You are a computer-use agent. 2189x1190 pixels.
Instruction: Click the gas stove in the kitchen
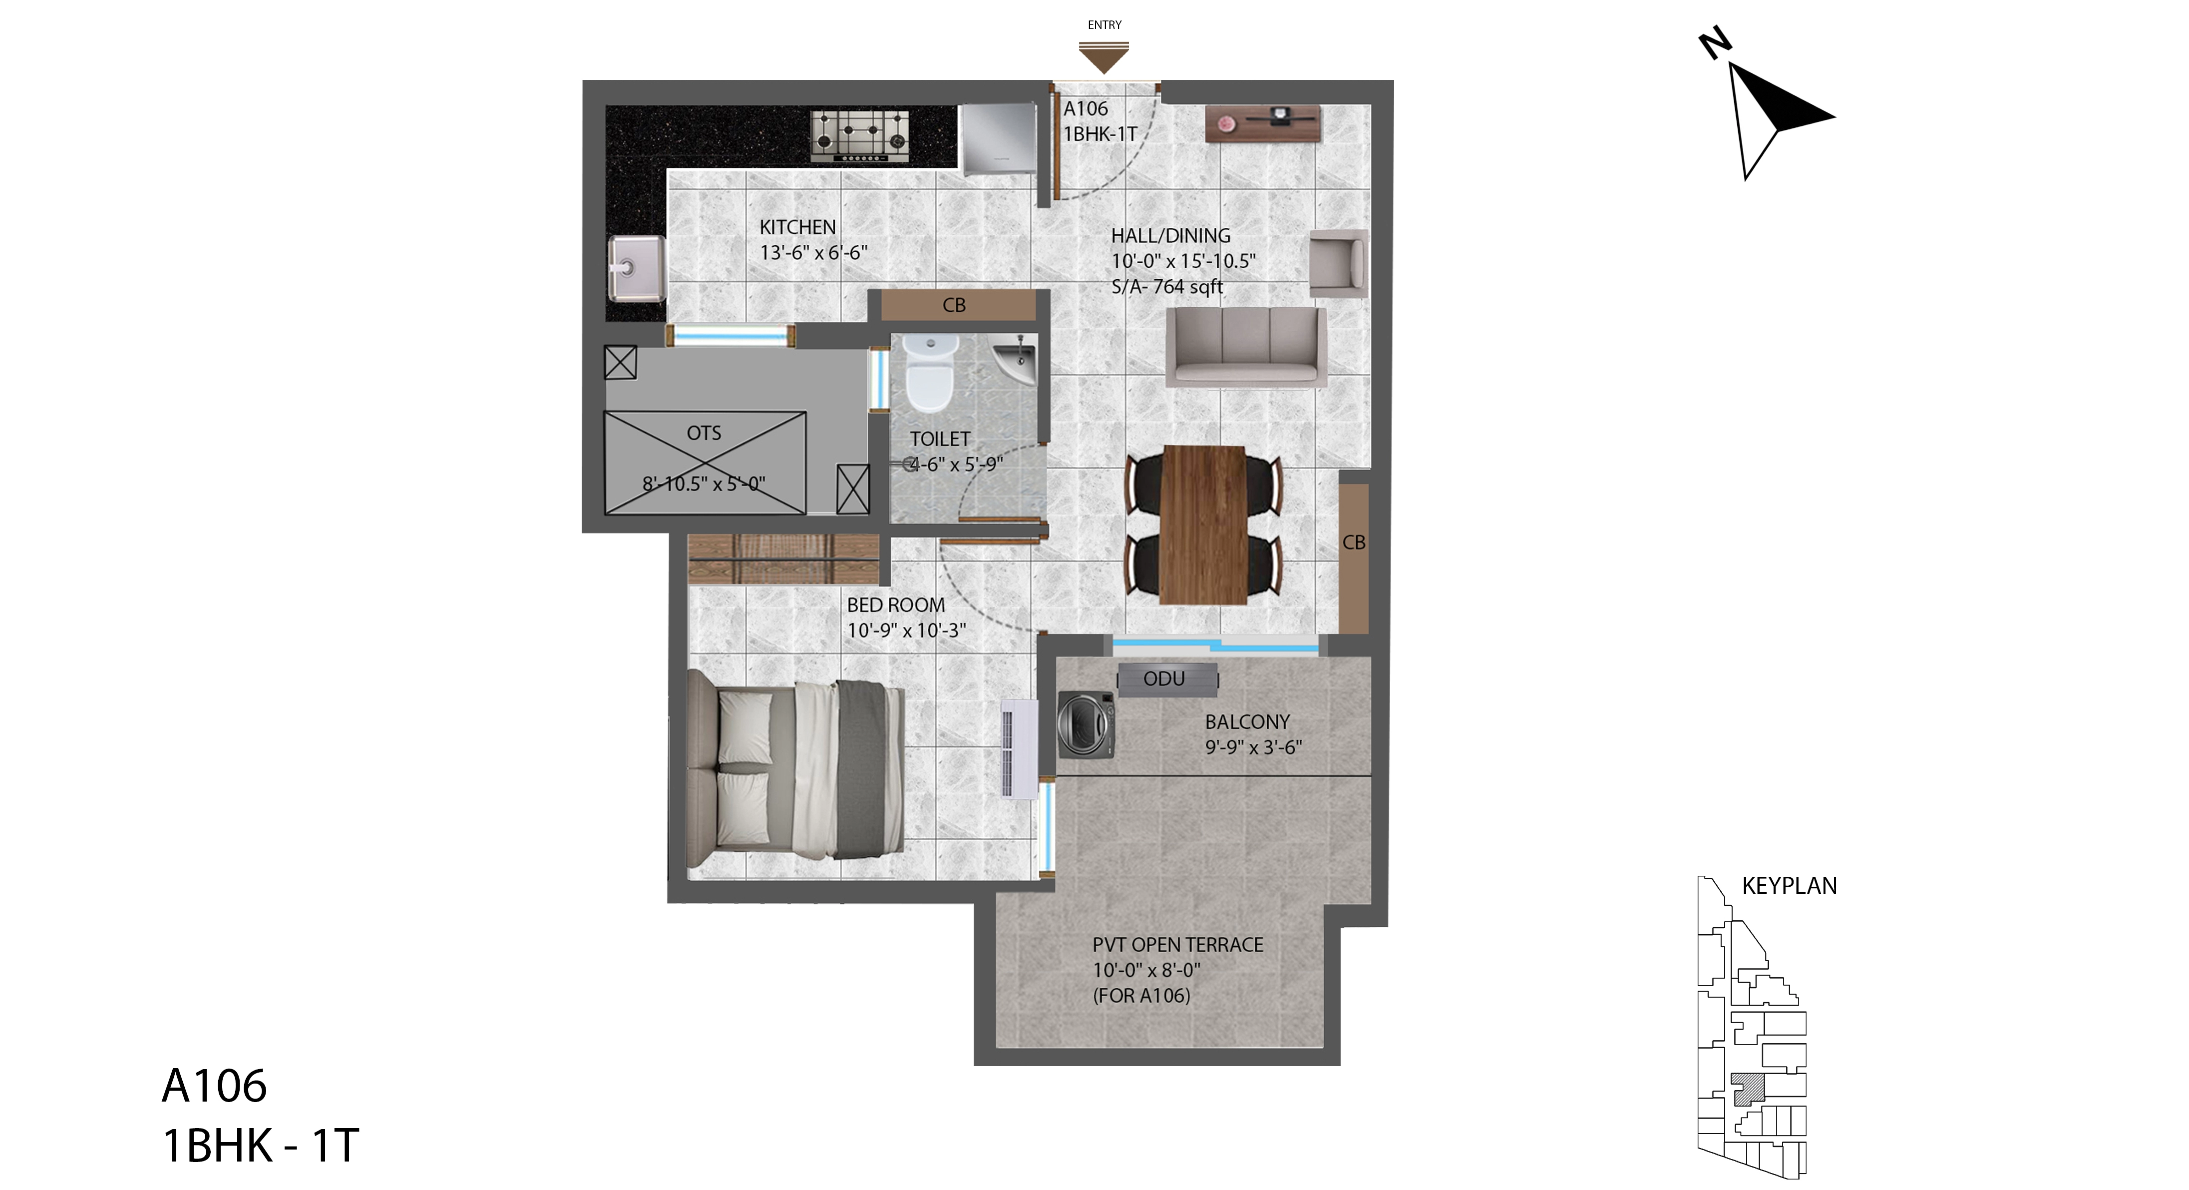point(859,136)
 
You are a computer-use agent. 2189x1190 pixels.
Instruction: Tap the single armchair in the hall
point(1338,263)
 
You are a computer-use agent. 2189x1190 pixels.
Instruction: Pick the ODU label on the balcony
point(1164,679)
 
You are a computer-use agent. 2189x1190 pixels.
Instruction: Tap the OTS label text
point(704,434)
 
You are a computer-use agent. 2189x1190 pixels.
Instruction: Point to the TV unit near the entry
point(1263,124)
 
